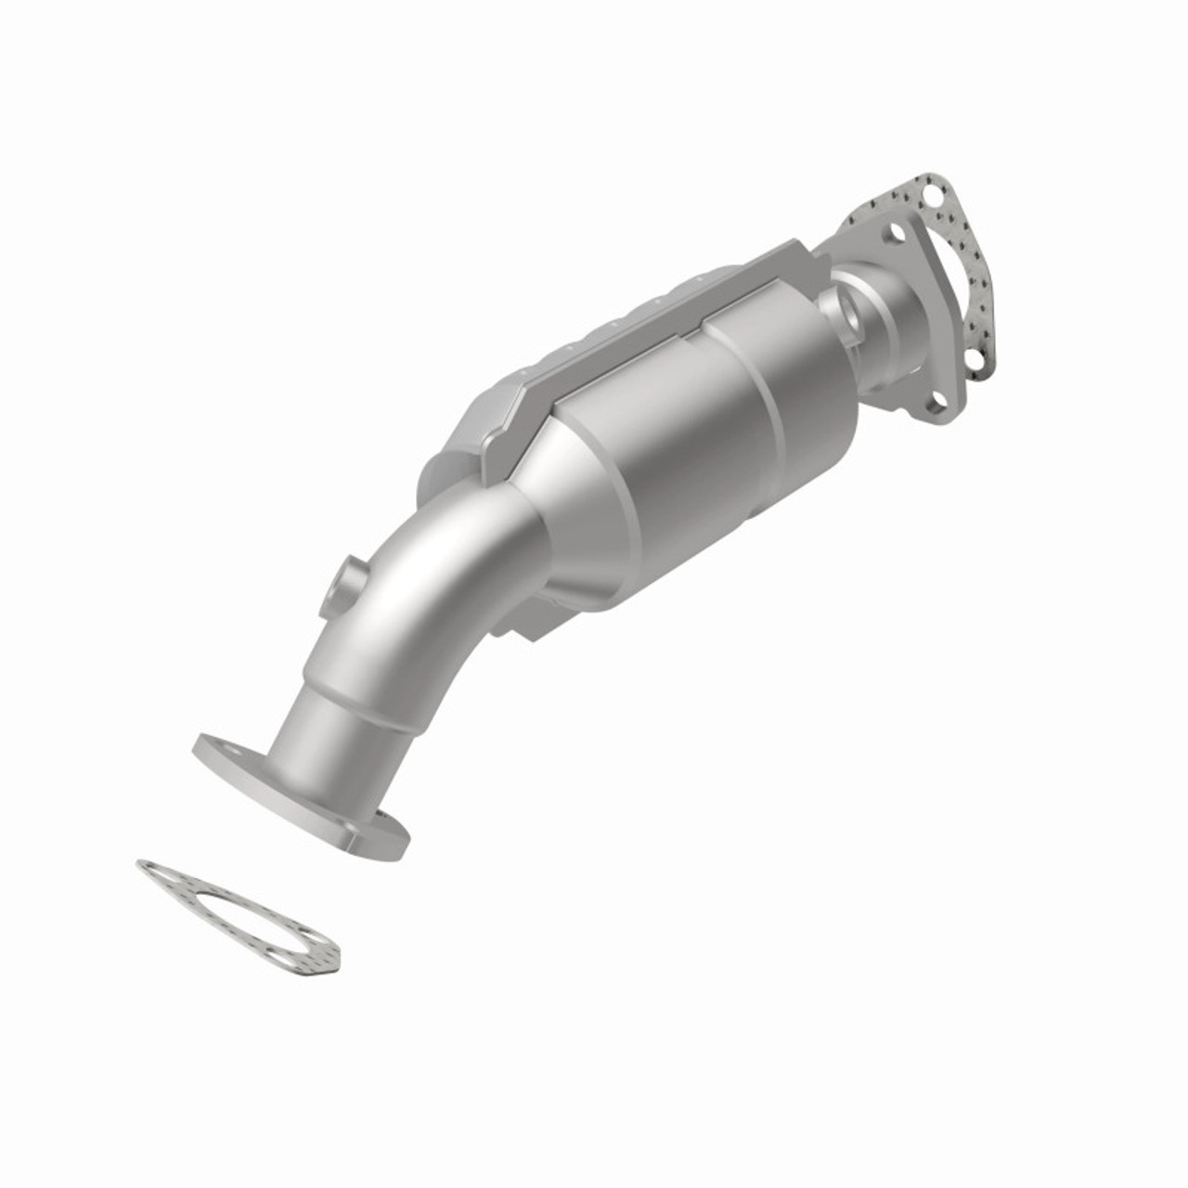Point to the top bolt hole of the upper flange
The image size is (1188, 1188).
pos(897,233)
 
